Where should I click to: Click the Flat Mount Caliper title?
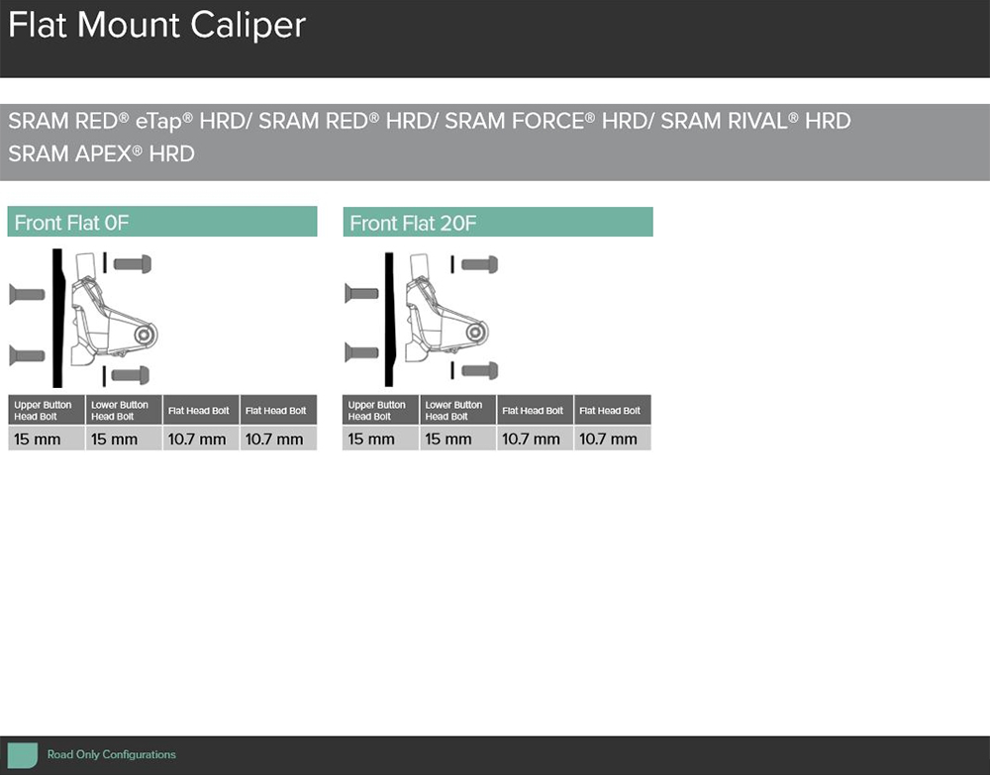pyautogui.click(x=156, y=26)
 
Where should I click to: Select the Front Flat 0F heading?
pyautogui.click(x=71, y=223)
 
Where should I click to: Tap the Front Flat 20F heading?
pyautogui.click(x=413, y=224)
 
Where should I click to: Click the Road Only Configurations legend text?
pyautogui.click(x=112, y=754)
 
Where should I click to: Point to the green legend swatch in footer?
pyautogui.click(x=22, y=755)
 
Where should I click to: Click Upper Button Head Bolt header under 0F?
pyautogui.click(x=43, y=410)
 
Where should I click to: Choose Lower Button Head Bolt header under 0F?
pyautogui.click(x=120, y=410)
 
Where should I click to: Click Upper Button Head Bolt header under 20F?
pyautogui.click(x=377, y=410)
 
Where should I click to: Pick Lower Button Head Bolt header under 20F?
pyautogui.click(x=453, y=410)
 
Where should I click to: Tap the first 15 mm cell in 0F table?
pyautogui.click(x=38, y=438)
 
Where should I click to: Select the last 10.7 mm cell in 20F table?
pyautogui.click(x=608, y=438)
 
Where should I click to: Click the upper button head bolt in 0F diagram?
pyautogui.click(x=133, y=264)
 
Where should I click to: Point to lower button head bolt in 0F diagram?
pyautogui.click(x=131, y=375)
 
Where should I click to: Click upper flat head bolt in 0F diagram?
pyautogui.click(x=27, y=294)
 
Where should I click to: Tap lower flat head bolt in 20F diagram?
pyautogui.click(x=361, y=352)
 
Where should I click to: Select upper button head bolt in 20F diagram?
pyautogui.click(x=480, y=264)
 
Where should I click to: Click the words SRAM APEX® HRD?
pyautogui.click(x=101, y=153)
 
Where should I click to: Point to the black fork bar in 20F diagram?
pyautogui.click(x=389, y=320)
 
